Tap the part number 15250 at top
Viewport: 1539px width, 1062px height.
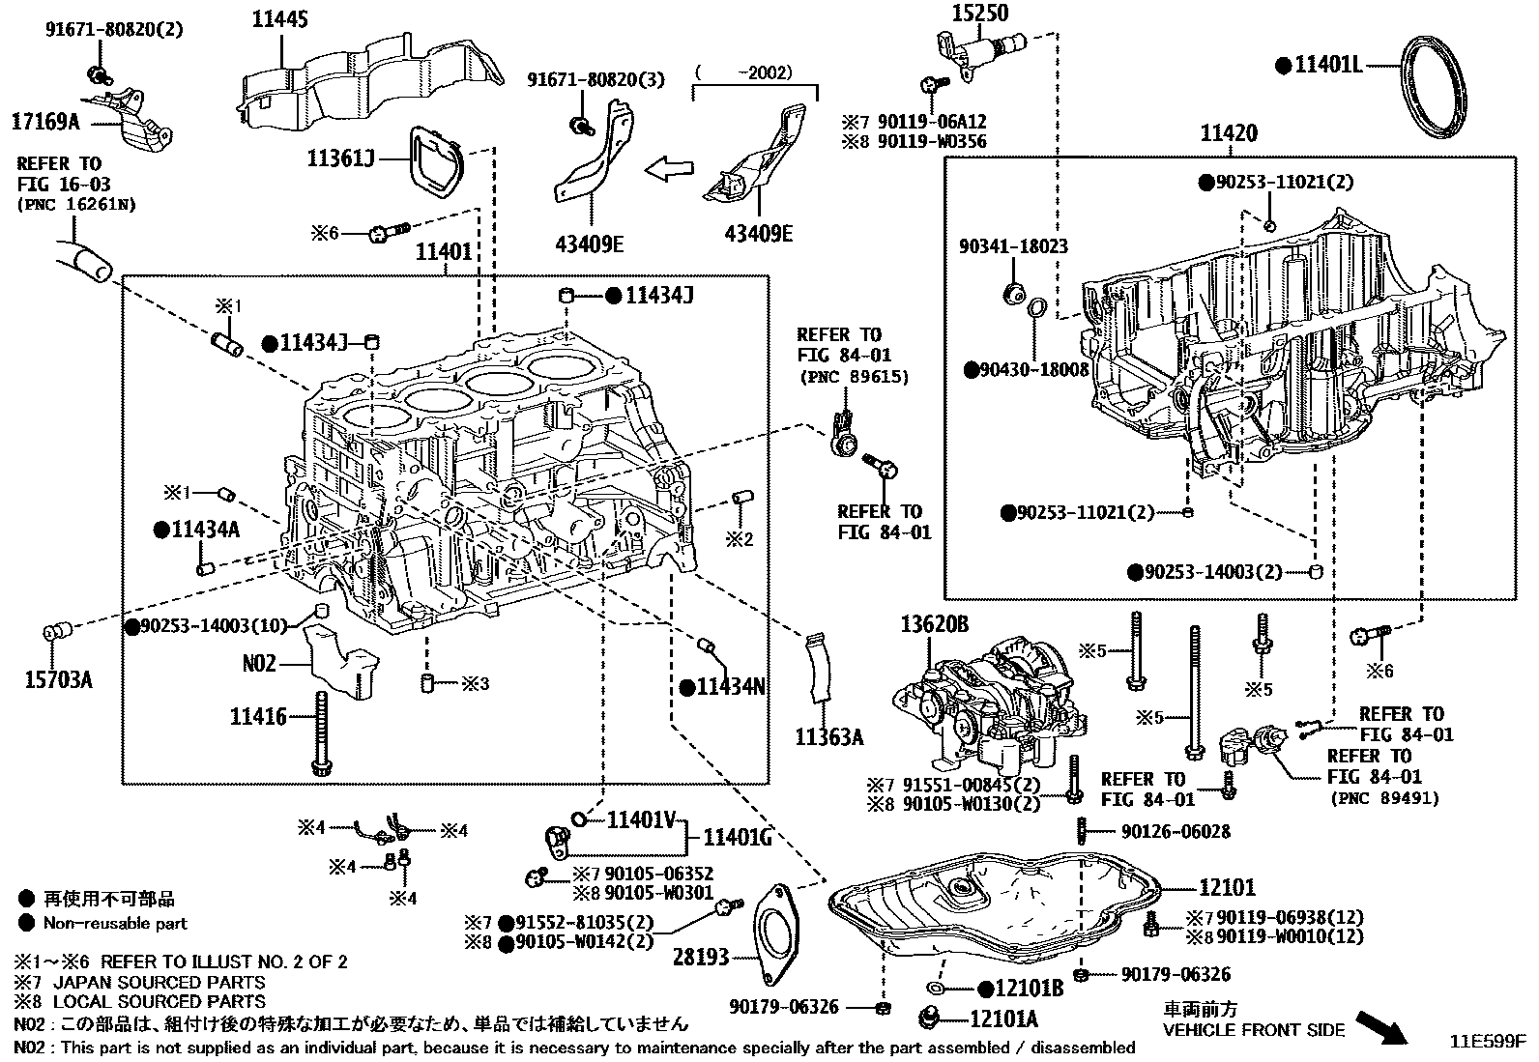(x=979, y=13)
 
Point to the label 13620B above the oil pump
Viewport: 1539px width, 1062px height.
(x=934, y=626)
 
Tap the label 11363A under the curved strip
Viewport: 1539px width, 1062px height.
(x=828, y=737)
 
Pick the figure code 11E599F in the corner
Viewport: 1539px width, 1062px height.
(x=1486, y=1043)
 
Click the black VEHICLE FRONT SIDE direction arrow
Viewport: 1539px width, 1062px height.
(x=1381, y=1025)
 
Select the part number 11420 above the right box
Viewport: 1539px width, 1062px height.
(x=1229, y=133)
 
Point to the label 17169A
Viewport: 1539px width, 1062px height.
(x=44, y=122)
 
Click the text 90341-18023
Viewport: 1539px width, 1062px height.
(x=1013, y=246)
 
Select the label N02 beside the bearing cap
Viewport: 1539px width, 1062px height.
(x=260, y=664)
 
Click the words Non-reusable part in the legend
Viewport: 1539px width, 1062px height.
(x=115, y=924)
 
